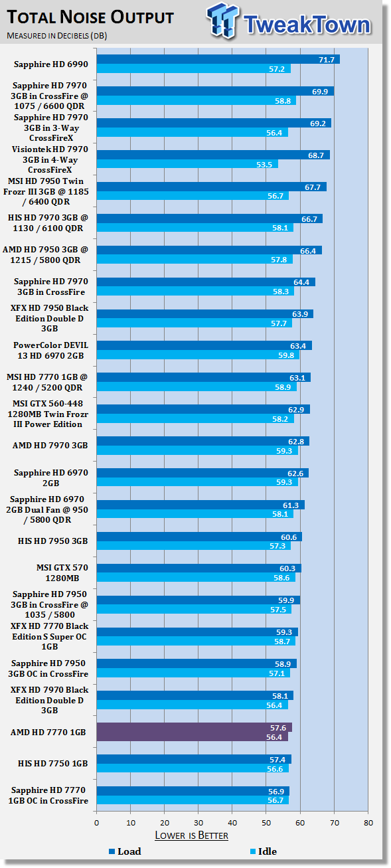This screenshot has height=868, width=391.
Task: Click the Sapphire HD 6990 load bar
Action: [x=218, y=59]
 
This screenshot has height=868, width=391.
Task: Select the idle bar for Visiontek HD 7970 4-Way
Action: [x=188, y=164]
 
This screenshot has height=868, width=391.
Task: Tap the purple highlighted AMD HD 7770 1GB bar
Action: [x=194, y=732]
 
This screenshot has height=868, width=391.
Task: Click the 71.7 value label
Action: [x=327, y=60]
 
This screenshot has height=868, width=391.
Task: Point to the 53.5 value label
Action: [x=264, y=165]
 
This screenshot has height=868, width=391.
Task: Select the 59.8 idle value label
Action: [x=286, y=355]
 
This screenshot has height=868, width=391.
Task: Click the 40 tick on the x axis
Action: [x=232, y=823]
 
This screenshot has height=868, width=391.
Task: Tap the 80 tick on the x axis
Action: [x=368, y=823]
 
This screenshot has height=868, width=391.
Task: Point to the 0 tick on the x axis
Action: [x=96, y=823]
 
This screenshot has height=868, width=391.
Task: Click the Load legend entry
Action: [x=125, y=851]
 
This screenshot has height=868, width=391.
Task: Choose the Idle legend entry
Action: [x=264, y=851]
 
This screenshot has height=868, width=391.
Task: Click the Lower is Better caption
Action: [x=191, y=835]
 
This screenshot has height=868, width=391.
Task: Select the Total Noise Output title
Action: [x=90, y=17]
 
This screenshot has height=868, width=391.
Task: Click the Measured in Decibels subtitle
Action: [x=56, y=36]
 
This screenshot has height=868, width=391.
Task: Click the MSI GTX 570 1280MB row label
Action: [x=62, y=572]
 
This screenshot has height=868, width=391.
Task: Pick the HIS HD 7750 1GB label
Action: [x=52, y=763]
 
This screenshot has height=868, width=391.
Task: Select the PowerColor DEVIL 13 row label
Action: [x=50, y=350]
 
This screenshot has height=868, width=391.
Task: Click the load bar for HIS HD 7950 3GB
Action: [x=199, y=537]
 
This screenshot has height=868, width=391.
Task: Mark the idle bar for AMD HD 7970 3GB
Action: [x=197, y=451]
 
